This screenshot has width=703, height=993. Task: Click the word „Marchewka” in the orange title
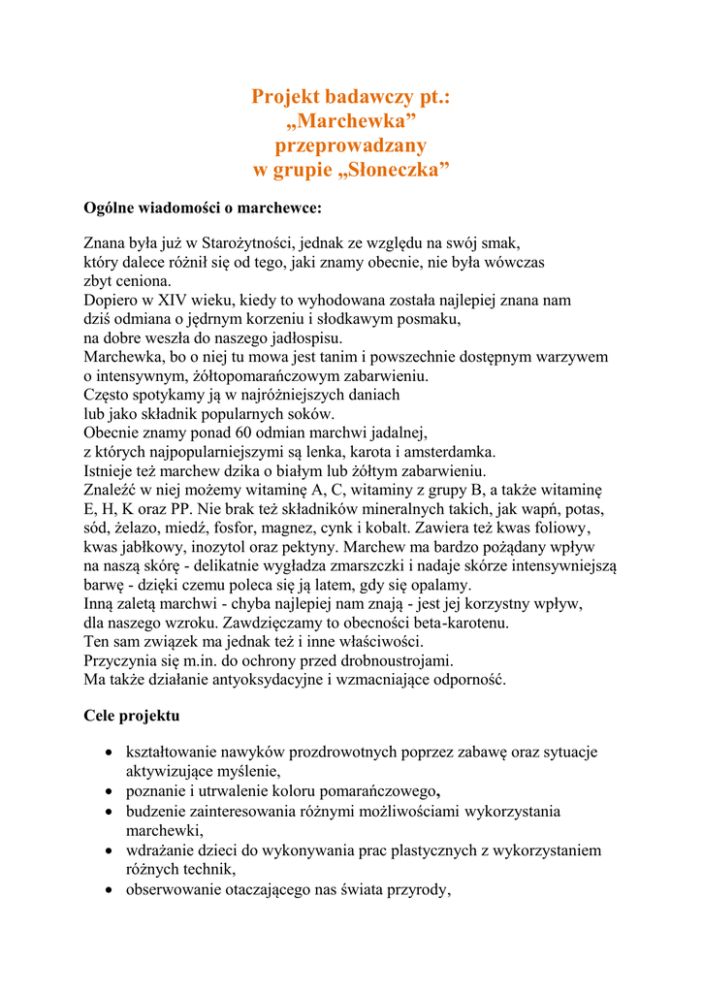pos(351,121)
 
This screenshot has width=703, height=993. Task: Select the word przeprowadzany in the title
pos(351,145)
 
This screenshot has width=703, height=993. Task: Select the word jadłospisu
pos(296,338)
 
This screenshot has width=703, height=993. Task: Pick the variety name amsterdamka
pos(448,451)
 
